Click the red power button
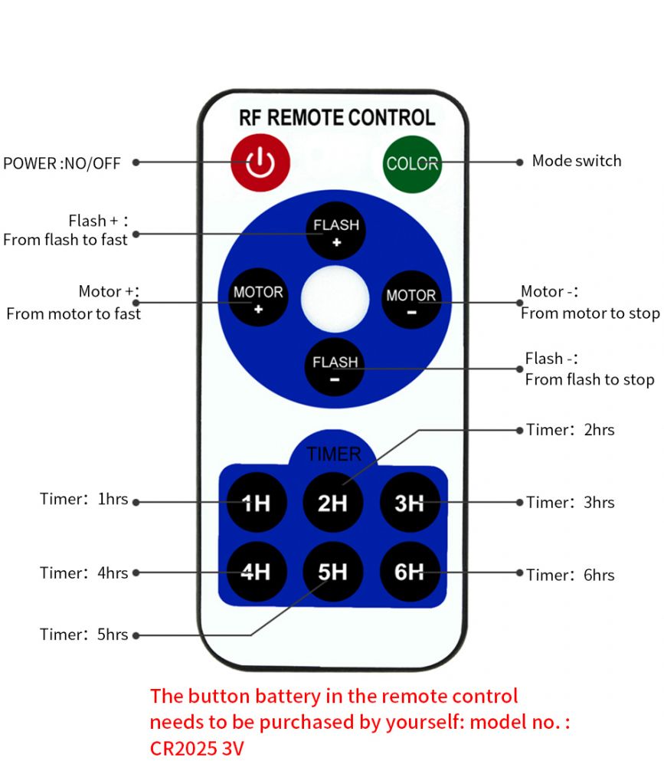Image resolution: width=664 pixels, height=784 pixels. pos(260,162)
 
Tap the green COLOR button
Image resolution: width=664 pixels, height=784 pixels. pos(412,163)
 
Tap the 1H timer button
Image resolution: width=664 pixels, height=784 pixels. pos(256,503)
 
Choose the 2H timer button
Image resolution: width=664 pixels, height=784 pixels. pos(333,503)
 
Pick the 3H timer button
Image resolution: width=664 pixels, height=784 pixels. pos(410,503)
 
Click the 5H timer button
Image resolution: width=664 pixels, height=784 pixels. pos(333,572)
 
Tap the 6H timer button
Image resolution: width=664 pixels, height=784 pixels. pos(410,572)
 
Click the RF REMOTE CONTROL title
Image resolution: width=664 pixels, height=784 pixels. pos(337,118)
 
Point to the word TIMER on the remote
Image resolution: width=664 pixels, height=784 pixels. pos(333,454)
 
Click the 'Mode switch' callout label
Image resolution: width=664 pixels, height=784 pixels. pos(577,161)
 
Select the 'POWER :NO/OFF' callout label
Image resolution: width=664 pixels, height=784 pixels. pos(62,163)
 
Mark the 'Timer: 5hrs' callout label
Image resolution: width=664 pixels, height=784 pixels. pos(84,635)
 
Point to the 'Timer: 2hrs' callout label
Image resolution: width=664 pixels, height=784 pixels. pos(571,430)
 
